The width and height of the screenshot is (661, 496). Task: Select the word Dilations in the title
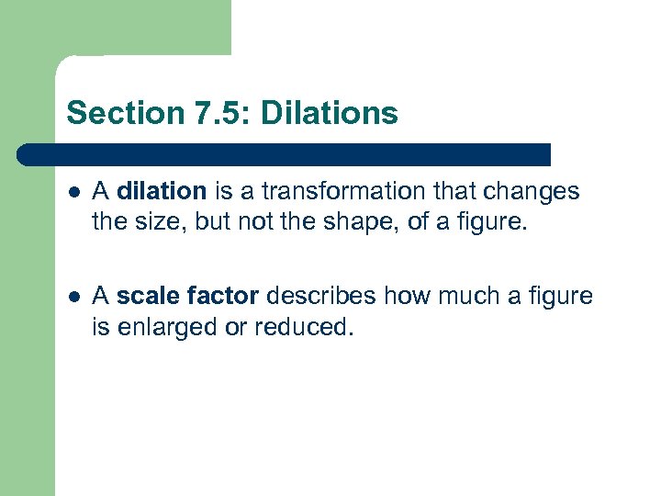330,114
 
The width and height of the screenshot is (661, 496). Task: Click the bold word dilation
162,191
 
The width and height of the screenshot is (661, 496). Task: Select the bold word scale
144,297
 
